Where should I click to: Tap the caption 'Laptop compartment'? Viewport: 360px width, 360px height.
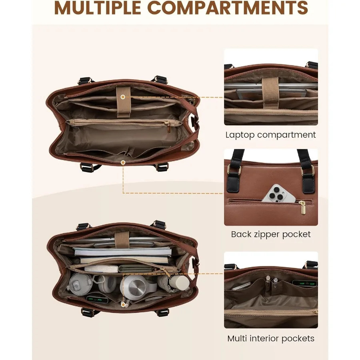click(271, 135)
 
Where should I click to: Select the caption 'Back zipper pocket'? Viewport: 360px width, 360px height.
click(271, 234)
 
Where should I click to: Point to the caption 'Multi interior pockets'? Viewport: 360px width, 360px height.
click(271, 338)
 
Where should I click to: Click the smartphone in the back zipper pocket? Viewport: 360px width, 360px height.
click(278, 194)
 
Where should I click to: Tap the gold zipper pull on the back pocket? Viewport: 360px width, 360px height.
click(303, 207)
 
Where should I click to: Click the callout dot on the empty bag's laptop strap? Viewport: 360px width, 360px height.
click(123, 97)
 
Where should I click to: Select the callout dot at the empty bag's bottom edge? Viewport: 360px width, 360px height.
click(123, 162)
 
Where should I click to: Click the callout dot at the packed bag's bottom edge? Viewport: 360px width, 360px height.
click(123, 305)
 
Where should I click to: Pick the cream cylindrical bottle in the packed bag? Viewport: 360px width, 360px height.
click(179, 282)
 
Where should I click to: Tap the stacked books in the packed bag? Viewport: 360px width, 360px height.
click(123, 255)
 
